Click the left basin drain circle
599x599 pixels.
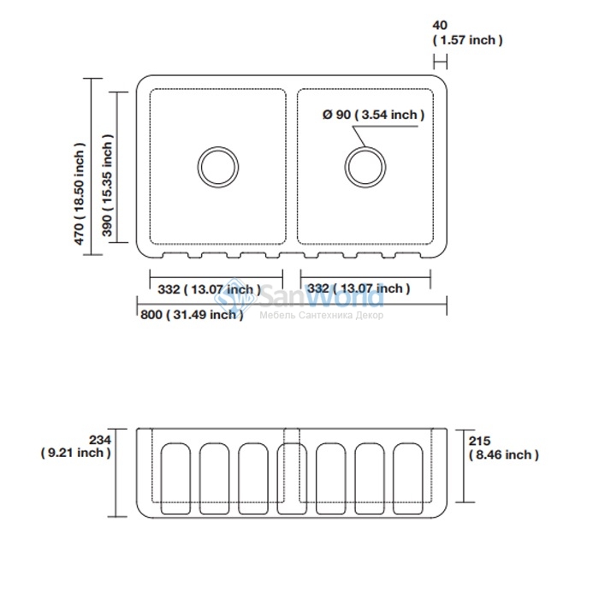(218, 146)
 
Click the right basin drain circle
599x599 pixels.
(365, 146)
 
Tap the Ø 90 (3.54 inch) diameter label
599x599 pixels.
(373, 114)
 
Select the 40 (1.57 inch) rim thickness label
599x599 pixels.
(467, 33)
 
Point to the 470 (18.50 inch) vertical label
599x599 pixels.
(79, 193)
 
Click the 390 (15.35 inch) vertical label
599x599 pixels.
(107, 186)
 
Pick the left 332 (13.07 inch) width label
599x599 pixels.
(209, 289)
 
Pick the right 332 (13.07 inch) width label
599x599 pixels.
(359, 288)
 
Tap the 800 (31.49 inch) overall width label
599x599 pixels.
(192, 315)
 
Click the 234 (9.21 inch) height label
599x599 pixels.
(76, 446)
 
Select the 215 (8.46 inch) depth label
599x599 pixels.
(503, 448)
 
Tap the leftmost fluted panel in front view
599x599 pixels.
(175, 478)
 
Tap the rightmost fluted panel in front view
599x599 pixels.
(408, 478)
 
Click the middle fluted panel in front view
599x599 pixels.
(292, 478)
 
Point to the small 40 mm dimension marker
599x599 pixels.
(440, 61)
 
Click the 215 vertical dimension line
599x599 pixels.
(464, 466)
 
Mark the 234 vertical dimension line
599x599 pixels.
(116, 473)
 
